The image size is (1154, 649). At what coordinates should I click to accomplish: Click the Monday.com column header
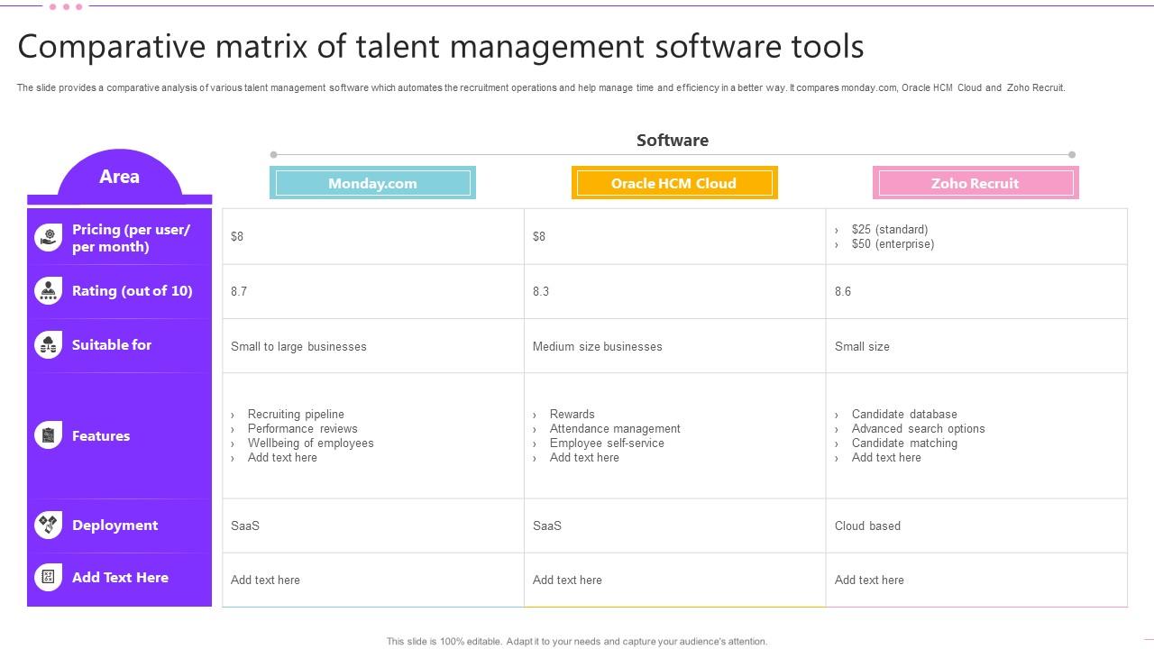click(x=372, y=183)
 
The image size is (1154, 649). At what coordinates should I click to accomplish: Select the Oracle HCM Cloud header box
click(x=673, y=183)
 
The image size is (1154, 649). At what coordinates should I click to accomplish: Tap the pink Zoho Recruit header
click(x=975, y=183)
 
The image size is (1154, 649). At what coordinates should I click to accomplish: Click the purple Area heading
click(x=119, y=177)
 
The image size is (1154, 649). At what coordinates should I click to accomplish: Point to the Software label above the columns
click(x=673, y=140)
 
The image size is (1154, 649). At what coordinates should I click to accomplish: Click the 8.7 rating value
click(x=239, y=291)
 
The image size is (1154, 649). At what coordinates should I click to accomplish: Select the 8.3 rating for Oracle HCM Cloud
click(x=541, y=291)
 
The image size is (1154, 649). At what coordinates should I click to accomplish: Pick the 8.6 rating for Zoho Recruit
click(x=843, y=291)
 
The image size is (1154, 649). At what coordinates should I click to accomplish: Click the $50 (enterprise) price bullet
click(x=893, y=244)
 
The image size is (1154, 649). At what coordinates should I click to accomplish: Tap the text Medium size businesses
click(x=597, y=346)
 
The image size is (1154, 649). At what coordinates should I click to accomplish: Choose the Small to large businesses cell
click(x=298, y=346)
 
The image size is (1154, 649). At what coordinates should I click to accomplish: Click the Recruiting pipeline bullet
click(x=296, y=415)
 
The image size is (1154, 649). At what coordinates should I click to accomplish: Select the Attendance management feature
click(x=615, y=429)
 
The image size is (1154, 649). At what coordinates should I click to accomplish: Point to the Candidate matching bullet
click(x=904, y=443)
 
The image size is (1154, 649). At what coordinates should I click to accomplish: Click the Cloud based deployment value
click(x=867, y=526)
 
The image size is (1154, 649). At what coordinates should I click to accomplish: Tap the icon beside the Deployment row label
click(x=49, y=525)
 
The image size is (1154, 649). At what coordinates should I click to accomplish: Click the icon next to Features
click(x=49, y=435)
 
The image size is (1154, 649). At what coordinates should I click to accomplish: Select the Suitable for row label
click(x=112, y=344)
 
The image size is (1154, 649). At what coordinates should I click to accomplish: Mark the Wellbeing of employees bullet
click(x=310, y=443)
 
